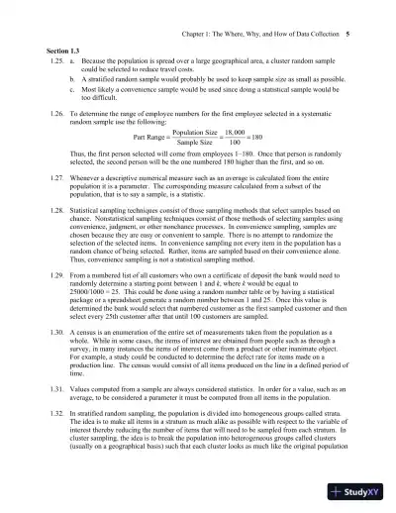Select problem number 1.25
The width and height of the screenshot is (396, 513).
[55, 59]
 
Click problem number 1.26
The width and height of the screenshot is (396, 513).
[55, 113]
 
